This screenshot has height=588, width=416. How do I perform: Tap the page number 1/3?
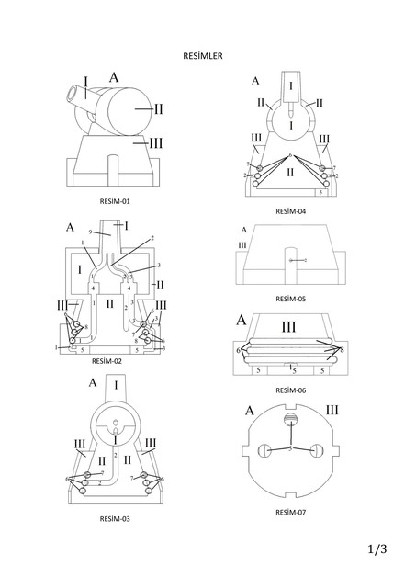pyautogui.click(x=377, y=549)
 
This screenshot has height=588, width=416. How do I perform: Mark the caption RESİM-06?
pyautogui.click(x=290, y=390)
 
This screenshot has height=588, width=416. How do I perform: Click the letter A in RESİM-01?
pyautogui.click(x=115, y=77)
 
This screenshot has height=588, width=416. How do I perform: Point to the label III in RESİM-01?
pyautogui.click(x=157, y=142)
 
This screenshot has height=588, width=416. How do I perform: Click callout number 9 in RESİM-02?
pyautogui.click(x=90, y=231)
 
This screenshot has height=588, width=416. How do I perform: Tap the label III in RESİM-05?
pyautogui.click(x=242, y=245)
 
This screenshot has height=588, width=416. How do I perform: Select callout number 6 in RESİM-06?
pyautogui.click(x=239, y=350)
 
